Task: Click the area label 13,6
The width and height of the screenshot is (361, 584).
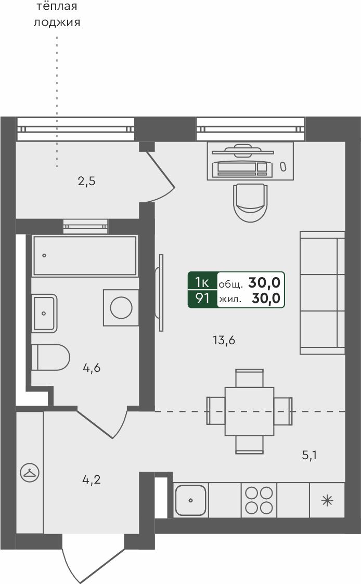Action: pos(224,341)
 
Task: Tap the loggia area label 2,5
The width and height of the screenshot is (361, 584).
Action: pos(86,181)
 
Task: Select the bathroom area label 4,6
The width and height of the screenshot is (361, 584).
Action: pos(92,368)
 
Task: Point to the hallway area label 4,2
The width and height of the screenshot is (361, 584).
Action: pos(92,479)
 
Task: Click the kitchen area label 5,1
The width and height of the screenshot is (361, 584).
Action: pos(309,455)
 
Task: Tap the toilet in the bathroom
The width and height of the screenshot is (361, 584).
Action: pos(50,357)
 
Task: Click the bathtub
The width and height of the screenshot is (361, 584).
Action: pos(85,255)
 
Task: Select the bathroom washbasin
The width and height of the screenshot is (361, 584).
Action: pos(44,313)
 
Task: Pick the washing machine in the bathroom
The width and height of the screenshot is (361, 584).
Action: pos(121,308)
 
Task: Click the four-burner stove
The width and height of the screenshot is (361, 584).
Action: pos(259,500)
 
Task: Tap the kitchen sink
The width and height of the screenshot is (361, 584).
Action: pos(190,500)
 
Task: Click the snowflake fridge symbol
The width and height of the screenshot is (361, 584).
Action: pos(327,501)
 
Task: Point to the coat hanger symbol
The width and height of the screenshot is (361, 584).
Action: pos(30,473)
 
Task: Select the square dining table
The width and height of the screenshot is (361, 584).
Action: pos(249,411)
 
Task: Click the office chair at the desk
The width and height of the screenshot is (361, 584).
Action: pos(250,202)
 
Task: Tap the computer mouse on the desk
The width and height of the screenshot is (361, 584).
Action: pos(283,166)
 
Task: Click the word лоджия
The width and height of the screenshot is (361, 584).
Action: pos(57,23)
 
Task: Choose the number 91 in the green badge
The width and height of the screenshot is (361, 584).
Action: pos(202,299)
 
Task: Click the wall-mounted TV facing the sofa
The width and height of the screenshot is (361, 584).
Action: pos(161,293)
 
